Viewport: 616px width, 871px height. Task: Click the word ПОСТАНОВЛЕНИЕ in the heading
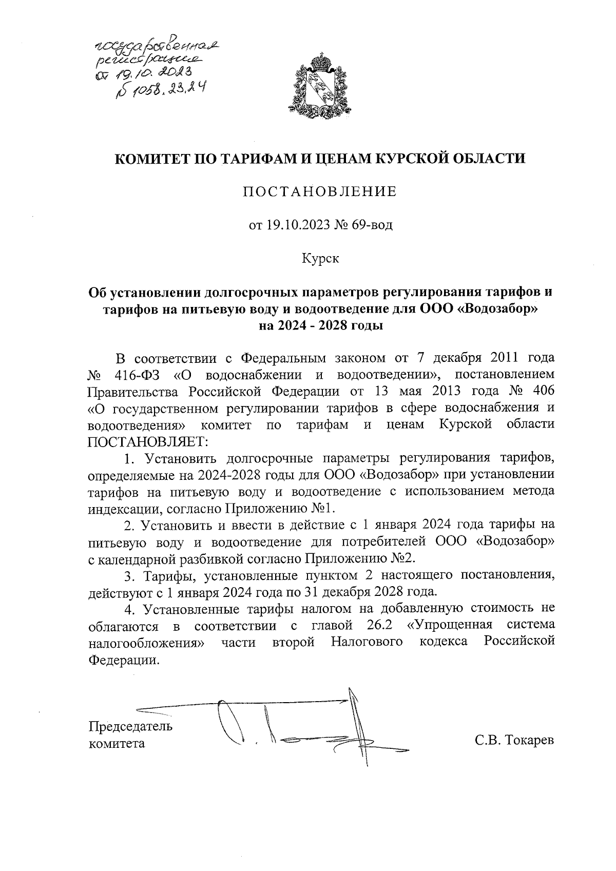[320, 192]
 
